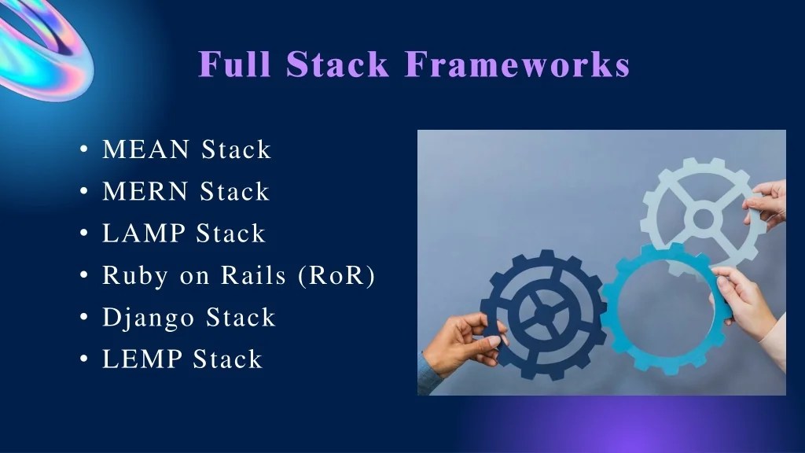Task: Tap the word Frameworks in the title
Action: pyautogui.click(x=517, y=64)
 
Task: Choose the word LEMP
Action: pyautogui.click(x=143, y=359)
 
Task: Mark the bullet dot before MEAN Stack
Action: pyautogui.click(x=83, y=150)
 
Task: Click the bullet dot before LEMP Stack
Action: pyautogui.click(x=83, y=360)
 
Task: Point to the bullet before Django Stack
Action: pyautogui.click(x=83, y=319)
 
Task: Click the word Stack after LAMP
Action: pyautogui.click(x=230, y=234)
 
